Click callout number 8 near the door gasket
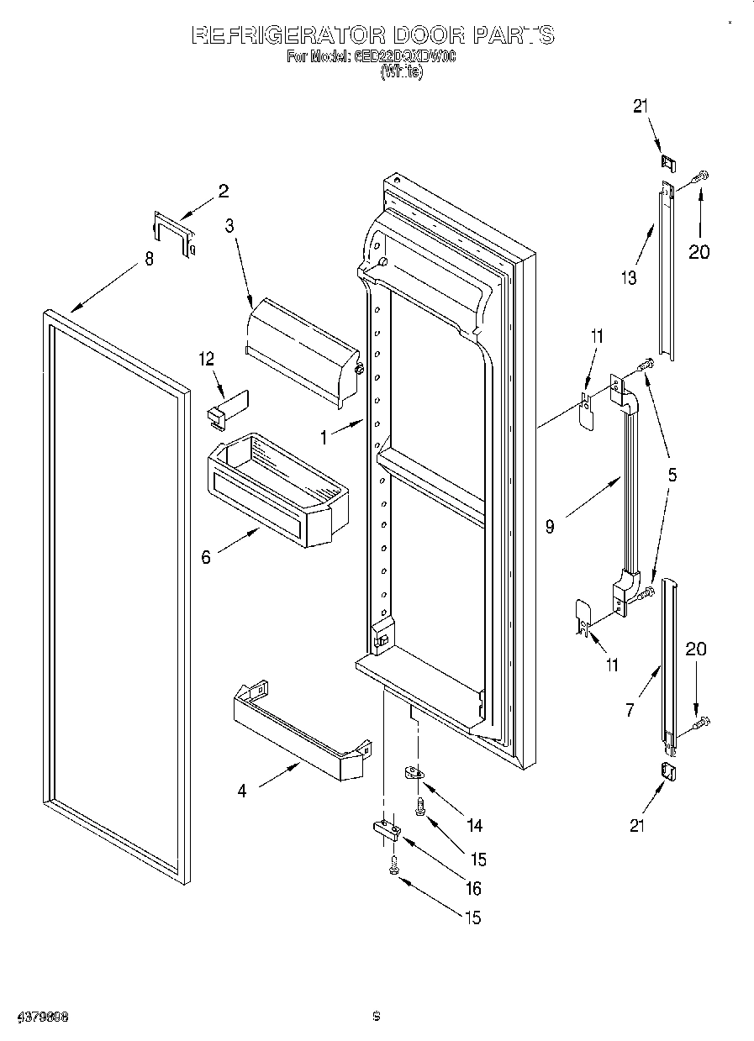149,260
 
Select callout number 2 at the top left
223,191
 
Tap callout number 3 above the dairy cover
229,224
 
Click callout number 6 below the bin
206,556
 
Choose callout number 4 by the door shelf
242,791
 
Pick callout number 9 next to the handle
550,527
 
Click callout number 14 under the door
474,825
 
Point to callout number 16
473,888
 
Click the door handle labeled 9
627,487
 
